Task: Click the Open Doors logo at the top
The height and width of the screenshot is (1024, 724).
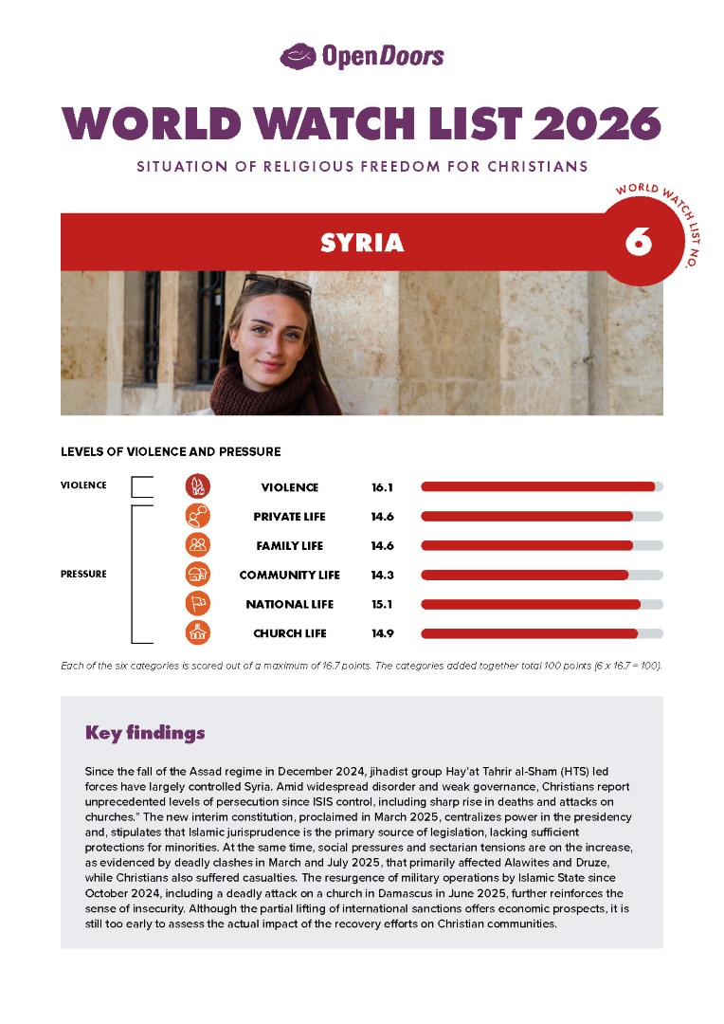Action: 361,56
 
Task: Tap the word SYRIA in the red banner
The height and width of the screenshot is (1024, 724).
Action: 362,243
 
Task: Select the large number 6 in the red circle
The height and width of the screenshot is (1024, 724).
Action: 638,242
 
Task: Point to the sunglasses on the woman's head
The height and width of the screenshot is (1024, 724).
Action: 277,284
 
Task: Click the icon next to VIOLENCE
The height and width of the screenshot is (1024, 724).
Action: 198,486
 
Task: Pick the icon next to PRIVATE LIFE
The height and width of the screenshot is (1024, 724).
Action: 198,516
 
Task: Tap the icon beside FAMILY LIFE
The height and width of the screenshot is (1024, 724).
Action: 198,545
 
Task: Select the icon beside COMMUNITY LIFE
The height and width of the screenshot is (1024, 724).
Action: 198,575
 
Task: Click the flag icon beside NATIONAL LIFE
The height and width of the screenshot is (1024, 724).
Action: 198,604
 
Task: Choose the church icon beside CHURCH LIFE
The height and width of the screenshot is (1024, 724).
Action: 198,633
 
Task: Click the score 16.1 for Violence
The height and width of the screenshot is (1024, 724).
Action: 382,487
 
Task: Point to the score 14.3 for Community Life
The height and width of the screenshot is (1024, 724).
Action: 382,576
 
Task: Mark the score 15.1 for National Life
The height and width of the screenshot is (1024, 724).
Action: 382,604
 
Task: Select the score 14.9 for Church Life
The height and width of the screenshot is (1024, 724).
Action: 382,633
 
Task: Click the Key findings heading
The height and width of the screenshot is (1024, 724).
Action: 144,733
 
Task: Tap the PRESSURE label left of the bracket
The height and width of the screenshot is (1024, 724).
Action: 83,574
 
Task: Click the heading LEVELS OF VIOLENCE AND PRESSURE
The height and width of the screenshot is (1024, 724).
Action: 171,451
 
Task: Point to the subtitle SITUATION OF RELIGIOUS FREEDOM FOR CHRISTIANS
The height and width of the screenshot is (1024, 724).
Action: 362,167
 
